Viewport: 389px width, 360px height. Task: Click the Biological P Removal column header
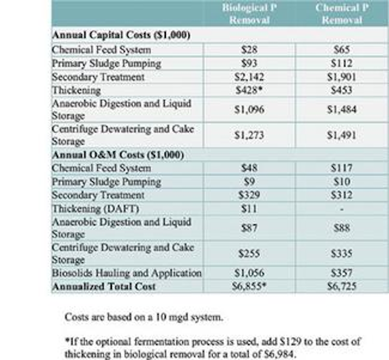click(x=249, y=13)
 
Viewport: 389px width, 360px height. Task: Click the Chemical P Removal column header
click(x=342, y=13)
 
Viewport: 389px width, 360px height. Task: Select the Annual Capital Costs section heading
click(x=121, y=35)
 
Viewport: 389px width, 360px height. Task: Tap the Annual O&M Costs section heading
click(x=118, y=155)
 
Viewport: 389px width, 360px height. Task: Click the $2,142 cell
click(x=249, y=77)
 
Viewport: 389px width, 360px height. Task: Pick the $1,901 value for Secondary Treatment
click(x=342, y=77)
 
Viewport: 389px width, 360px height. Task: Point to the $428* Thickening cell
click(x=249, y=90)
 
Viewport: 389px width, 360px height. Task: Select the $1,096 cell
click(x=249, y=109)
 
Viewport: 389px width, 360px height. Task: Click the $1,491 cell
click(x=342, y=135)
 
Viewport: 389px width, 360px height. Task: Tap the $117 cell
click(x=342, y=168)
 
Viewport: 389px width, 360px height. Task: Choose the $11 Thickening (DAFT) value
click(x=249, y=209)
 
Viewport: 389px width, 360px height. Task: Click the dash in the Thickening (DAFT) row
click(x=342, y=209)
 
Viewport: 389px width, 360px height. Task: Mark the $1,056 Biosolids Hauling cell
click(x=249, y=273)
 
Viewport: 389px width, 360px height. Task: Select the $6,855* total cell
click(x=249, y=287)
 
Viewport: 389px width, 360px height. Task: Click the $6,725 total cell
click(x=342, y=287)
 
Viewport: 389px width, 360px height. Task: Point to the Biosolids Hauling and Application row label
click(x=126, y=273)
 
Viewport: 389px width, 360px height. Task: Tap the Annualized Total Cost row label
click(x=104, y=287)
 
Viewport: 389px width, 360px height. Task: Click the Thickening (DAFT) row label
click(x=95, y=209)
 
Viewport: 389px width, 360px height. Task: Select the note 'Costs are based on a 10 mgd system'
click(x=144, y=317)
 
